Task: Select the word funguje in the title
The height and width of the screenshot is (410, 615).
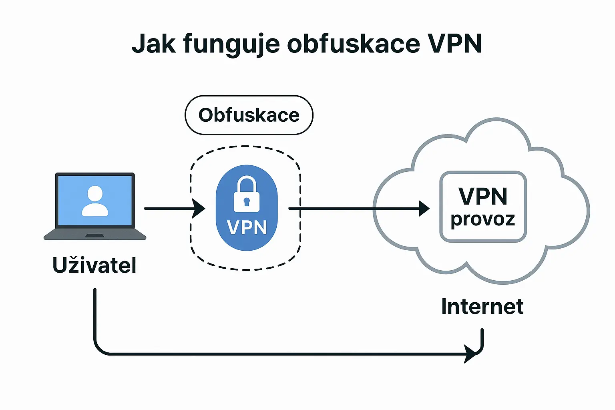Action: click(x=231, y=44)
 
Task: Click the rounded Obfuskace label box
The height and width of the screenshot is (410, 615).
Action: click(x=249, y=115)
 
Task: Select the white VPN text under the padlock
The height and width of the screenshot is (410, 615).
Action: click(x=247, y=227)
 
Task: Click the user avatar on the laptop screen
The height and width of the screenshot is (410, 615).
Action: click(x=95, y=201)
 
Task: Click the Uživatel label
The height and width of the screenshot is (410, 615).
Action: click(x=94, y=265)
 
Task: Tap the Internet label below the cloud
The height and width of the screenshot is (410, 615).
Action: click(x=482, y=307)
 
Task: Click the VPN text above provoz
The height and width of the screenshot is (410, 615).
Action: click(x=483, y=196)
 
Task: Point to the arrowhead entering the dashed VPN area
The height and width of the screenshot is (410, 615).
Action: click(x=199, y=209)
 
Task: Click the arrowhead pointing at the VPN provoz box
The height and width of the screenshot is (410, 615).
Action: click(x=424, y=209)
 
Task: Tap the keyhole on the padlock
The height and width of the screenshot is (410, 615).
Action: click(x=247, y=201)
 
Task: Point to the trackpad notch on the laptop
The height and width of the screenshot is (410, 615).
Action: click(x=95, y=235)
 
